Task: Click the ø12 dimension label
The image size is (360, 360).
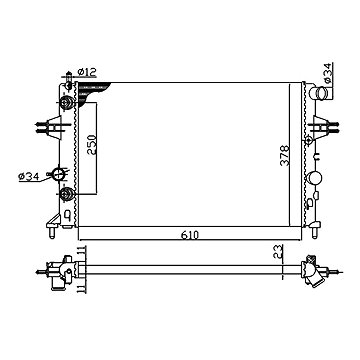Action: [x=86, y=71]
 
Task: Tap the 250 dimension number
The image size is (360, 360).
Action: [x=91, y=144]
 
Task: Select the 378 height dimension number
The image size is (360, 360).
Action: [x=285, y=155]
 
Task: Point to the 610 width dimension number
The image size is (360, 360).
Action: [x=190, y=235]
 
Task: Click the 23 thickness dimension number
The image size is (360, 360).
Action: [x=278, y=252]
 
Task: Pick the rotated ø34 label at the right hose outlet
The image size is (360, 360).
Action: [x=327, y=73]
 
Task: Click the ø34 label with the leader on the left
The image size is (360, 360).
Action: [x=28, y=177]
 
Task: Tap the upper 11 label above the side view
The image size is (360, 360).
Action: [x=82, y=251]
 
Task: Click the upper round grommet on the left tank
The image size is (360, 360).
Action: [x=67, y=102]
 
